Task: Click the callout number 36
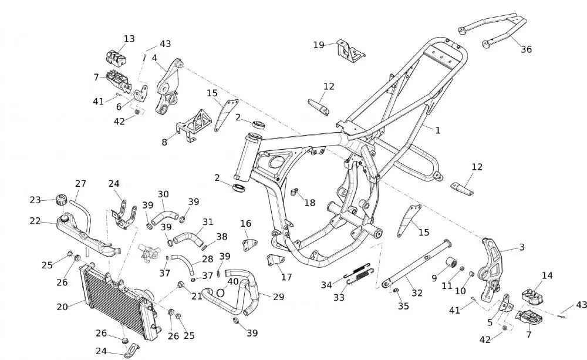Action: click(526, 49)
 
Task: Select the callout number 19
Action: click(319, 45)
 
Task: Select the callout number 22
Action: click(36, 221)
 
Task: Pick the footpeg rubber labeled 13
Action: click(117, 57)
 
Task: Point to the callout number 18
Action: click(309, 203)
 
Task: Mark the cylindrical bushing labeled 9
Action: click(452, 262)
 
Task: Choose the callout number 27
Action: click(80, 183)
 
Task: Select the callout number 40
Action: click(233, 281)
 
